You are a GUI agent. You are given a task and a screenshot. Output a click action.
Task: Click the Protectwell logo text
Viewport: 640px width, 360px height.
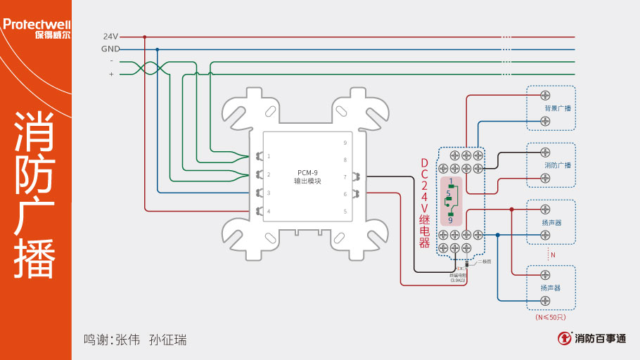click(37, 25)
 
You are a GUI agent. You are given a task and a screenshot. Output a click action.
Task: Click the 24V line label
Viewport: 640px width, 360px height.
click(110, 37)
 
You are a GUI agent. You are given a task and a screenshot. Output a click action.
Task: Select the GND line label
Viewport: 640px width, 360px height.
click(110, 49)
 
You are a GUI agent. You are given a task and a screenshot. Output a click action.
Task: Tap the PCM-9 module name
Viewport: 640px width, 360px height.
click(307, 172)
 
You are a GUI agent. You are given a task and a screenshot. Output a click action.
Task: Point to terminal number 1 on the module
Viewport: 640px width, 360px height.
click(269, 156)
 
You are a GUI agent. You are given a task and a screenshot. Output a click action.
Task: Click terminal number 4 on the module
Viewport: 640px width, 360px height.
click(269, 211)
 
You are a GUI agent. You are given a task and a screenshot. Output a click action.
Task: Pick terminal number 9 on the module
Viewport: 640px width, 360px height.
click(345, 143)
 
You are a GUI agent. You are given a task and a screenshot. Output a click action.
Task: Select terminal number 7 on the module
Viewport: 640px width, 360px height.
click(345, 177)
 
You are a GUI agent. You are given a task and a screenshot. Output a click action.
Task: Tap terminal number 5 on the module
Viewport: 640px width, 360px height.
click(345, 211)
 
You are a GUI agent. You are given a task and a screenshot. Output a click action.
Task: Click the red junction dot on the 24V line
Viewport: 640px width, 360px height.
click(144, 37)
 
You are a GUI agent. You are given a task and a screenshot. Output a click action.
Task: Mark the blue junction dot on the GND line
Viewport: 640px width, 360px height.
click(157, 49)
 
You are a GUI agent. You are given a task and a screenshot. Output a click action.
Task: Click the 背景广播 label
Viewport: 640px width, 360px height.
click(557, 108)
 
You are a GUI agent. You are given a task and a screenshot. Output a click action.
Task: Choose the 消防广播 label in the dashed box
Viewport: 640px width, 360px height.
click(557, 165)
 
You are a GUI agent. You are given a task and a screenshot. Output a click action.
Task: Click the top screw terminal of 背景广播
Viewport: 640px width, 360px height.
click(545, 95)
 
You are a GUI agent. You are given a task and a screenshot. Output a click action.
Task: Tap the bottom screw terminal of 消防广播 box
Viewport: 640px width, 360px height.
click(545, 179)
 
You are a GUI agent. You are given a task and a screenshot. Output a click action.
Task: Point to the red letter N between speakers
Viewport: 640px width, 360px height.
click(552, 255)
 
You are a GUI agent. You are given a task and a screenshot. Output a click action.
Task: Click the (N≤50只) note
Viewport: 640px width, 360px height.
click(551, 318)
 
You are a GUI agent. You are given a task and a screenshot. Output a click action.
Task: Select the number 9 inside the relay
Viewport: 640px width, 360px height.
click(450, 220)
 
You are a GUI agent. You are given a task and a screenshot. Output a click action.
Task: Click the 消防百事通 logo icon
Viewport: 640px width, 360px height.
click(564, 338)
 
